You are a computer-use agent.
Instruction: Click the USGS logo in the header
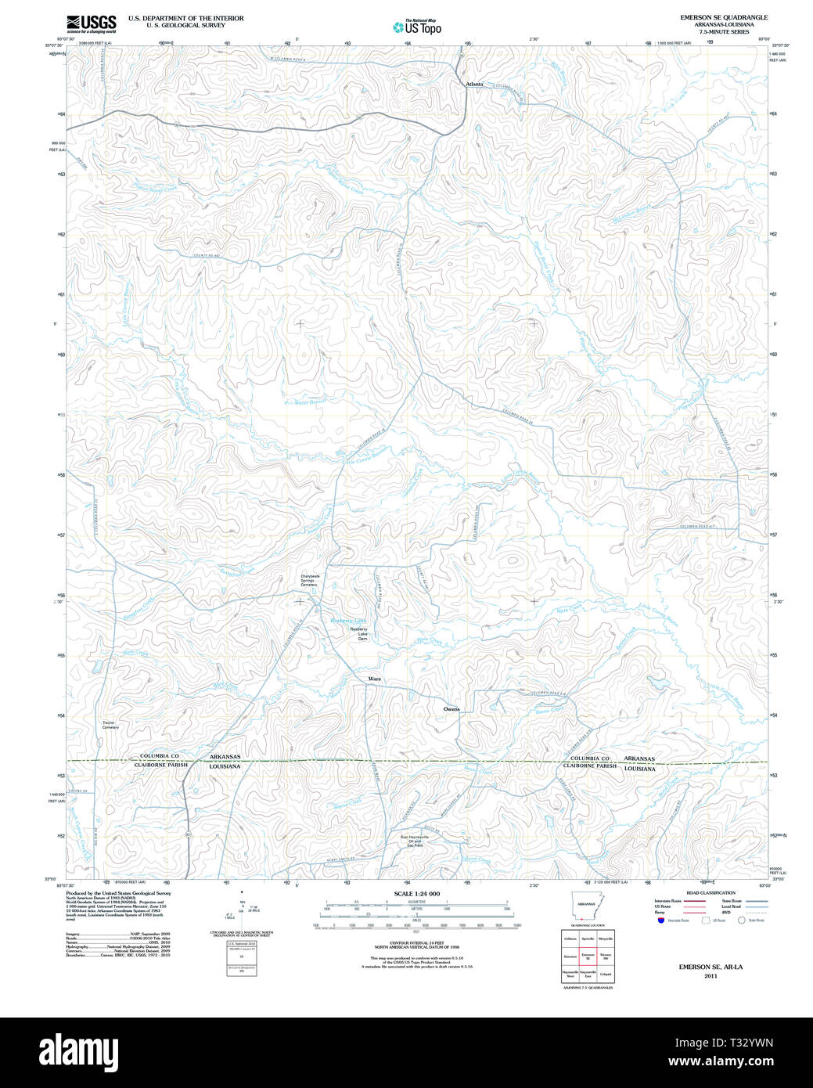point(92,23)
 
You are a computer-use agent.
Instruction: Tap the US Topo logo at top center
point(417,27)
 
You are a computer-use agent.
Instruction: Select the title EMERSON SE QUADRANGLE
point(724,17)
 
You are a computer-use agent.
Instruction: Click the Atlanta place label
point(474,84)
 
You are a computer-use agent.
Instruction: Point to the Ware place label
point(375,679)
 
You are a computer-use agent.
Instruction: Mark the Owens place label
point(451,709)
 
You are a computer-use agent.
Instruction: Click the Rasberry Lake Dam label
point(359,633)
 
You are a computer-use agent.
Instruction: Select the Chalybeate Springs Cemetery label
point(309,581)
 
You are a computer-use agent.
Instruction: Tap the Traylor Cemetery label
point(110,725)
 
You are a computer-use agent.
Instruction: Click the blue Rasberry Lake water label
point(347,620)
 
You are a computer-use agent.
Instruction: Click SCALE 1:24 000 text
point(416,894)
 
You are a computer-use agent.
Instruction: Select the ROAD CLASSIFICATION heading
point(710,893)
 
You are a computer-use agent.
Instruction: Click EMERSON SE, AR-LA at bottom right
point(710,967)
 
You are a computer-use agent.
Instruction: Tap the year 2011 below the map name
point(710,976)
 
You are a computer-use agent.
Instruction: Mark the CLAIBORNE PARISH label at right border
point(589,766)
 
